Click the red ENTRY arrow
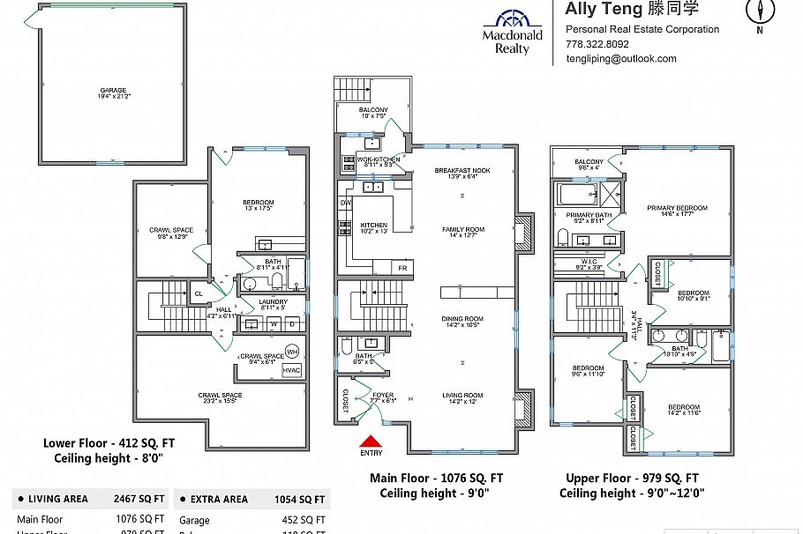coord(371,441)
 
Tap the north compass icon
coord(759,12)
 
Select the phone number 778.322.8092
coord(597,44)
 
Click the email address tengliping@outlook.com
coord(621,59)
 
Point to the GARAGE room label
coord(113,90)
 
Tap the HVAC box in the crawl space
coord(291,371)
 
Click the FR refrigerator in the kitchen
coord(402,267)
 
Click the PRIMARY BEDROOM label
coord(677,209)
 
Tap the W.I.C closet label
coord(589,262)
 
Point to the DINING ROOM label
coord(462,319)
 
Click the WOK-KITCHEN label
coord(379,159)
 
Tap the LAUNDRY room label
coord(273,302)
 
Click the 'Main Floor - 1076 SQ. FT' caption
coord(437,478)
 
